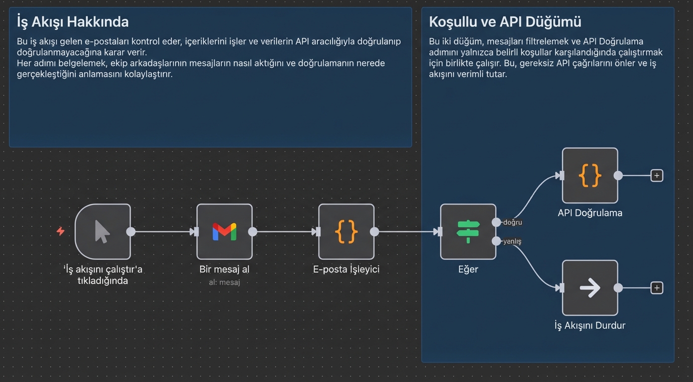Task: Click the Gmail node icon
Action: [225, 232]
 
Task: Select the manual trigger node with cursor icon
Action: [103, 232]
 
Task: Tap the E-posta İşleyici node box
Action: [346, 232]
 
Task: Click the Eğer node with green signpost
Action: [468, 232]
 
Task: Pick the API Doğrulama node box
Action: [590, 176]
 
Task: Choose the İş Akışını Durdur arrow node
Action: [590, 288]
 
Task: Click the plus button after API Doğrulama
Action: [657, 176]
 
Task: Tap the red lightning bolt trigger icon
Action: [61, 231]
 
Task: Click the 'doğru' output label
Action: [512, 222]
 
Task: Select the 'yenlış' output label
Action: [512, 241]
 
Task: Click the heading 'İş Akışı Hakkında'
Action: [73, 22]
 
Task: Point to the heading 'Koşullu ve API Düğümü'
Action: [505, 22]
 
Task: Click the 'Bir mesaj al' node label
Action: [225, 270]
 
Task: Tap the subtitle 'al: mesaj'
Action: [225, 282]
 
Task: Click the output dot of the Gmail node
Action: [252, 232]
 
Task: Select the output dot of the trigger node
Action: [131, 232]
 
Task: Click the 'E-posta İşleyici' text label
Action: [346, 270]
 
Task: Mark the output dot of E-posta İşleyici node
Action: [374, 232]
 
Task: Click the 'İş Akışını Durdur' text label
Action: [590, 326]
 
